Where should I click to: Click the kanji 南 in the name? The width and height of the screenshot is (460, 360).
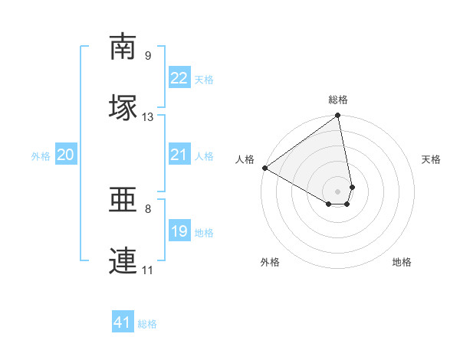click(x=123, y=47)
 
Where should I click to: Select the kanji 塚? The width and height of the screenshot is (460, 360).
click(x=123, y=106)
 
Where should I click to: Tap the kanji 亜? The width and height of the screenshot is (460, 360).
click(x=123, y=201)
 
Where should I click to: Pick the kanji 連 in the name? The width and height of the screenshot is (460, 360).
click(x=123, y=260)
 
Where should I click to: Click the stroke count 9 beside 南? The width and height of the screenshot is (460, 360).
click(x=148, y=55)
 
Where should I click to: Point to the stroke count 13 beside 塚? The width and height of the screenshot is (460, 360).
click(x=148, y=117)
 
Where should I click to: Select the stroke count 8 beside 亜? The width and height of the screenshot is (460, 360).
click(x=148, y=208)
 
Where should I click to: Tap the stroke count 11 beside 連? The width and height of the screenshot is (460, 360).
click(x=148, y=270)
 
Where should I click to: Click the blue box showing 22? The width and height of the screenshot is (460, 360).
click(x=179, y=78)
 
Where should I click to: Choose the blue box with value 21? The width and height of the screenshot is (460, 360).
click(x=179, y=155)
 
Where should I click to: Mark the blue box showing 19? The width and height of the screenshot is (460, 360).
click(x=179, y=231)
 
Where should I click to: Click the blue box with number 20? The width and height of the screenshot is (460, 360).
click(x=65, y=155)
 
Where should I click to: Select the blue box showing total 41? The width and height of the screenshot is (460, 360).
click(x=123, y=322)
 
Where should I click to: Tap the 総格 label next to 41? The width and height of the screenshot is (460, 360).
click(x=147, y=324)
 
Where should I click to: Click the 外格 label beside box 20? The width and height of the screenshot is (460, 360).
click(x=41, y=156)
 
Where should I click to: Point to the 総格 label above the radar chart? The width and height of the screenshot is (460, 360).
click(x=338, y=100)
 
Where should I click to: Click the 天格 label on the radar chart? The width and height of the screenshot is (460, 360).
click(x=432, y=159)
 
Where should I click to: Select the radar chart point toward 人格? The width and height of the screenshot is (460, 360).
click(x=264, y=168)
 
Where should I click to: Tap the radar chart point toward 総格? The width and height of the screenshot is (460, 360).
click(x=337, y=116)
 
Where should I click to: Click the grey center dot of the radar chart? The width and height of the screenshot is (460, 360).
click(x=338, y=191)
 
